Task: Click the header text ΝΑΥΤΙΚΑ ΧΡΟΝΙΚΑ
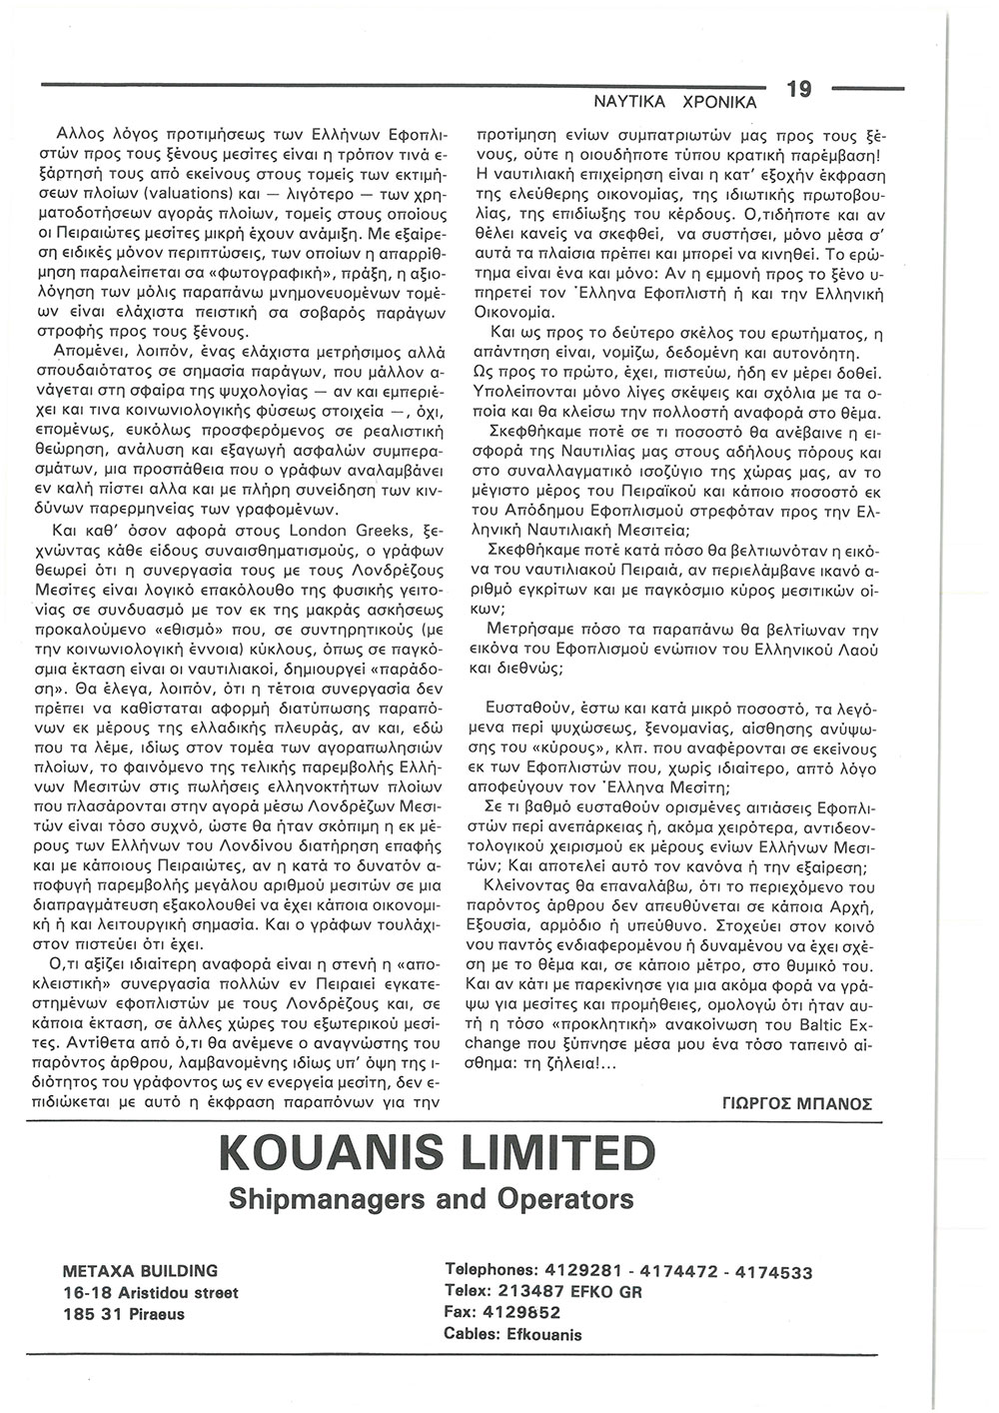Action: click(675, 102)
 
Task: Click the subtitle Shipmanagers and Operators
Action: click(432, 1198)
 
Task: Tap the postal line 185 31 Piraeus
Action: click(123, 1313)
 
